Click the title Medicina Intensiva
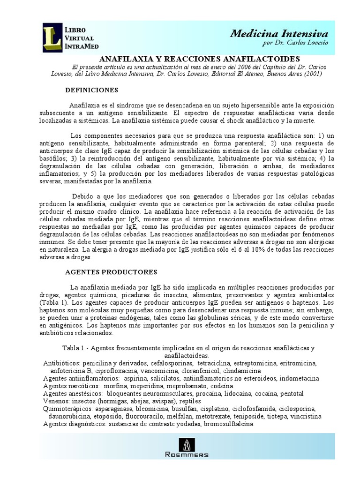tap(279, 33)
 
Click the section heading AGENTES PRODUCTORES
tap(111, 272)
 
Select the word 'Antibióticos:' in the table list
tap(62, 363)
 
